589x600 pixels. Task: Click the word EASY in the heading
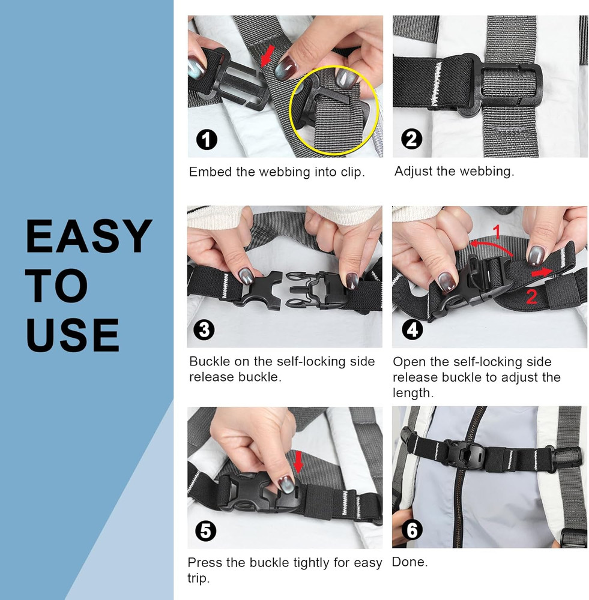(88, 236)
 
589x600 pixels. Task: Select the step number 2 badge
(412, 139)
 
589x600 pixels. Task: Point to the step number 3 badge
(205, 330)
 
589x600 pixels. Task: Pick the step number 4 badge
(412, 329)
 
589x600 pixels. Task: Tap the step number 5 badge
(205, 530)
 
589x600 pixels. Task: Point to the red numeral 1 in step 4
(496, 230)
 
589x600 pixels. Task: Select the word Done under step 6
(409, 563)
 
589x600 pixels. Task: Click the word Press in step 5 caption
(204, 563)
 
